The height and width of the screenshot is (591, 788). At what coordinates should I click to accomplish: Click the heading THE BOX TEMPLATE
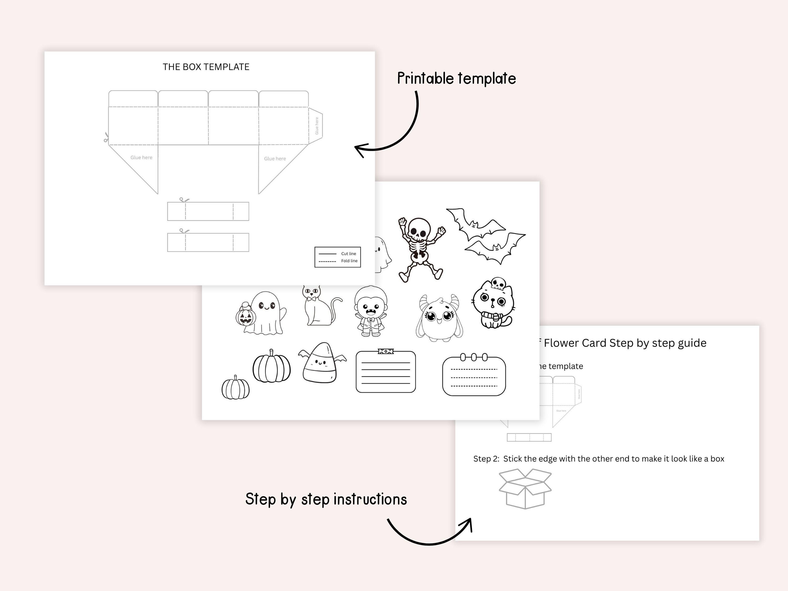(x=206, y=67)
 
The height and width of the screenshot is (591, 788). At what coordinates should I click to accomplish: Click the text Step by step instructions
(x=326, y=499)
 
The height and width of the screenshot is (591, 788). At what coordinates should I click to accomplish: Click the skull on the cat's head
(x=498, y=283)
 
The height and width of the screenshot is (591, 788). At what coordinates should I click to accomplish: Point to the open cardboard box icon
(x=525, y=488)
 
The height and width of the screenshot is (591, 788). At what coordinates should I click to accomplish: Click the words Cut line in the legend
(x=348, y=254)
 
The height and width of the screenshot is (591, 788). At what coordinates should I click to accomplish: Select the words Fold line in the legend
(x=349, y=261)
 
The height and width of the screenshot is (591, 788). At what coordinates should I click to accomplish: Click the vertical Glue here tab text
(x=317, y=126)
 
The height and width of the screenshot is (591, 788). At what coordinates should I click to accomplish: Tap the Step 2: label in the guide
(x=486, y=459)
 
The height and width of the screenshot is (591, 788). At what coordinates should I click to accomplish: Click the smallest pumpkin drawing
(x=235, y=388)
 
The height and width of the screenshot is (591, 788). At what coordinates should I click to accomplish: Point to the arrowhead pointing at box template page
(x=358, y=149)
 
